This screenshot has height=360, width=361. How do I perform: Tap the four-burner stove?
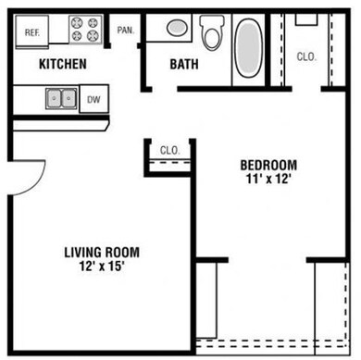pos(86,30)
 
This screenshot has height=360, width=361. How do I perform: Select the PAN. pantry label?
pos(126,30)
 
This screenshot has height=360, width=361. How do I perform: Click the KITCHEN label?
pos(62,64)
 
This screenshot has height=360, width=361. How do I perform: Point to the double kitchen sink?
pos(62,96)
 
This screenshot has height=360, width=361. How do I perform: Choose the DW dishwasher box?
pos(93,97)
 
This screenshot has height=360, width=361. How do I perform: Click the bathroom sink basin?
pos(177,29)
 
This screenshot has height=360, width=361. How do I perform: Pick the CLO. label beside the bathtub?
pos(306,56)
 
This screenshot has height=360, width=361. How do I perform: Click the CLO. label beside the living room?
pos(169,150)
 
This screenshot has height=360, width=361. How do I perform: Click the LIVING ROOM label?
pos(102,252)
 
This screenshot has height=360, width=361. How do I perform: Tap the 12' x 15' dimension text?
pos(102,267)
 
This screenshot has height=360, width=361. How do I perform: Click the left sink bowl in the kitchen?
pos(55,96)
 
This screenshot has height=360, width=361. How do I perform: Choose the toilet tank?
pos(213,21)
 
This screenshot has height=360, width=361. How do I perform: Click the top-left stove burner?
pos(79,23)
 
